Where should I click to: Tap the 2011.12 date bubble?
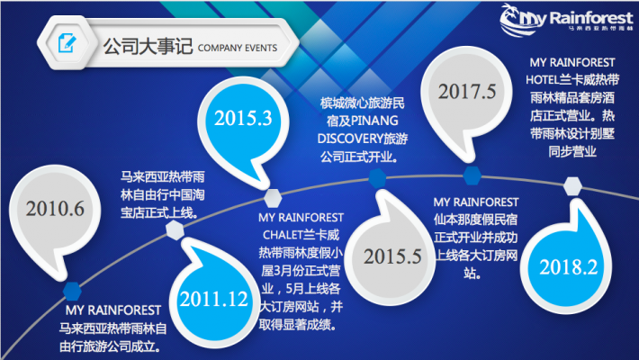[213, 298]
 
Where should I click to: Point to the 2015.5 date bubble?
[392, 256]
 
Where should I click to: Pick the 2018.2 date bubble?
[568, 267]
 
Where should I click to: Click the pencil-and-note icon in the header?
[67, 43]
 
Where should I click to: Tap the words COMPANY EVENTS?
[238, 48]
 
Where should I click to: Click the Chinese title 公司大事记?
[148, 46]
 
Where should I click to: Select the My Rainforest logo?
[565, 20]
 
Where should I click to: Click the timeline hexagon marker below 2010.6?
[72, 291]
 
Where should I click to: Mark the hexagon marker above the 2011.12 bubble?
[175, 229]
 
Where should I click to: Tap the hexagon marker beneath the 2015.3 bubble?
[273, 199]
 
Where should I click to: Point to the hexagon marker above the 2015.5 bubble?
[377, 178]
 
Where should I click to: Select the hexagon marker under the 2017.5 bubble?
[472, 175]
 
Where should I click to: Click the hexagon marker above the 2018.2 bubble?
[572, 186]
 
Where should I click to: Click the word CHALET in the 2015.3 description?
[282, 235]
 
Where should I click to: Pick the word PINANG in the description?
[374, 121]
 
